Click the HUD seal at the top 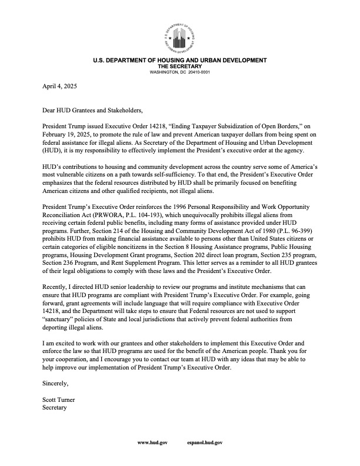point(179,36)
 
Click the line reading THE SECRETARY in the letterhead point(179,66)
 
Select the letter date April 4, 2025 point(60,86)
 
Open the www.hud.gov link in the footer point(152,442)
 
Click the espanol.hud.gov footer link point(204,442)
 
